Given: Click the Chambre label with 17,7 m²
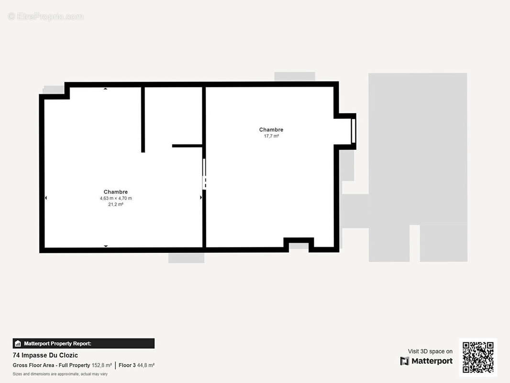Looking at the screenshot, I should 271,130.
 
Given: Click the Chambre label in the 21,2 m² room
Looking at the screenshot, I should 115,192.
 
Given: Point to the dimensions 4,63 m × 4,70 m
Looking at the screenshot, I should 115,198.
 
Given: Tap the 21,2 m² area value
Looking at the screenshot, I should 115,204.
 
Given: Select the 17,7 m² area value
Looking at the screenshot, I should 271,136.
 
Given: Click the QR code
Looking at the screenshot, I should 478,357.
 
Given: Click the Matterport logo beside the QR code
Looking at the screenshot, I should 426,361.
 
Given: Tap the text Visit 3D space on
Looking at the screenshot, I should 430,351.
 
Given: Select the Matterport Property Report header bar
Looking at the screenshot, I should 83,343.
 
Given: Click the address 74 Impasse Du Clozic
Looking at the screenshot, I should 45,355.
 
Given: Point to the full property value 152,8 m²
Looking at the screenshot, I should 101,365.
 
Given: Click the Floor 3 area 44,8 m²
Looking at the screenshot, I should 136,365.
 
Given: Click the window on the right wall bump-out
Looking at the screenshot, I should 353,131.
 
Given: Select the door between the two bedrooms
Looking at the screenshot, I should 204,174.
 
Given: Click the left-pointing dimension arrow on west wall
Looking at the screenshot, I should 46,198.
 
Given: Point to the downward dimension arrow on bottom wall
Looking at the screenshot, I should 106,246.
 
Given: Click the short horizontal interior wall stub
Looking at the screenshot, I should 187,146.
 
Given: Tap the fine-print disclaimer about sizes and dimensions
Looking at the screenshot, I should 60,374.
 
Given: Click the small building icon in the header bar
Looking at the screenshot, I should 18,343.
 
